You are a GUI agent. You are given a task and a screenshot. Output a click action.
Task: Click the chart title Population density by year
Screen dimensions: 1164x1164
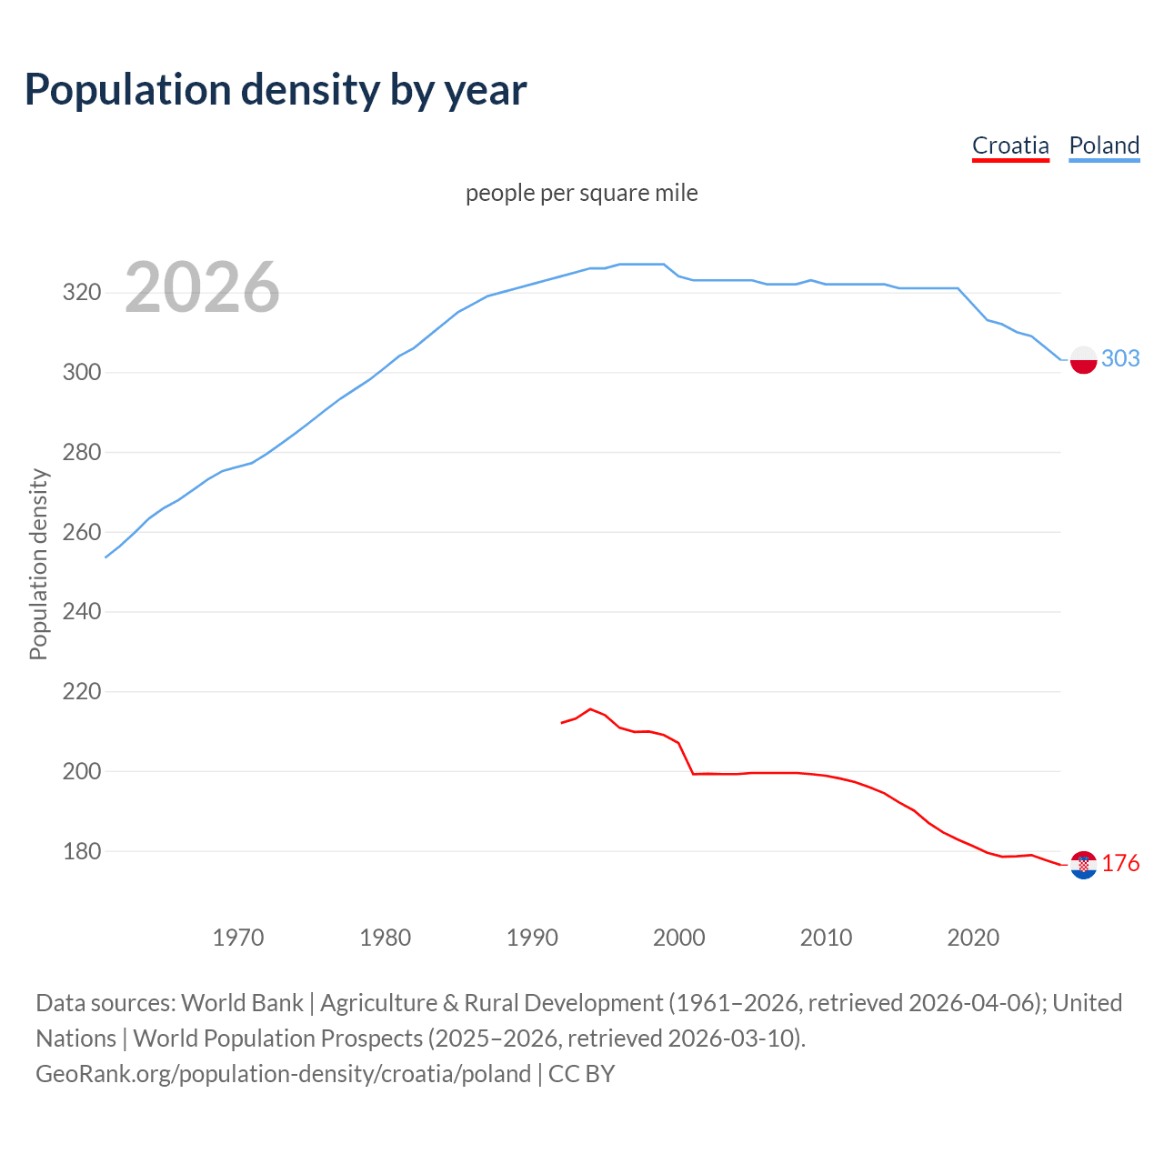coord(276,89)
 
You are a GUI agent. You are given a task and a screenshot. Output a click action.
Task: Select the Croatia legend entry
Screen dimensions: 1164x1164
coord(1010,145)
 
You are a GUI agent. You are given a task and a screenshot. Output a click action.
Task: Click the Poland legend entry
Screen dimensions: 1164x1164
coord(1104,145)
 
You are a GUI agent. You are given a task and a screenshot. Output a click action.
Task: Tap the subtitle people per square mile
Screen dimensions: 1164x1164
coord(582,193)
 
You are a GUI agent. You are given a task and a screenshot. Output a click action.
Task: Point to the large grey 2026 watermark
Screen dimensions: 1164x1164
coord(202,287)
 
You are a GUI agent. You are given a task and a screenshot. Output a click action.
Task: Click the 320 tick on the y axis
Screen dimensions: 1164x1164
coord(81,293)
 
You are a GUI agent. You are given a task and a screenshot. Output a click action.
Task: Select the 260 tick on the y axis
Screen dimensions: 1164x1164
coord(81,532)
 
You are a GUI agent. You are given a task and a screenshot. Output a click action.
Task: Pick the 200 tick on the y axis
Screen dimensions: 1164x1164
coord(81,771)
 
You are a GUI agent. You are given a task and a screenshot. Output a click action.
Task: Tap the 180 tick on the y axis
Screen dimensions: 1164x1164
coord(81,851)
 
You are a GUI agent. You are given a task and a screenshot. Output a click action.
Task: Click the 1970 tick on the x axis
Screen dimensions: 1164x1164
coord(238,937)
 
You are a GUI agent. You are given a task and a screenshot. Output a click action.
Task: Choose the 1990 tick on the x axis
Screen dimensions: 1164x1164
coord(532,937)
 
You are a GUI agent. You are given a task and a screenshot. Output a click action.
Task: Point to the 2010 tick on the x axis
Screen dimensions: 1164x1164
coord(826,937)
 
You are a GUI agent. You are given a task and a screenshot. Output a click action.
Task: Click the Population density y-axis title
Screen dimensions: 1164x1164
coord(38,564)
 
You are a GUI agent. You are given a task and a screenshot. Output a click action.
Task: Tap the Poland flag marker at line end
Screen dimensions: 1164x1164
coord(1083,359)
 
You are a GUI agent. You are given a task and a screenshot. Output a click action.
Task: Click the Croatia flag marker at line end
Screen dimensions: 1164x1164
coord(1083,865)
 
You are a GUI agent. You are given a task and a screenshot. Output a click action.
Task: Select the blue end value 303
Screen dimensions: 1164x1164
coord(1120,358)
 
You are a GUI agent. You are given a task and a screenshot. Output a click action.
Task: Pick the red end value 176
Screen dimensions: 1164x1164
coord(1120,863)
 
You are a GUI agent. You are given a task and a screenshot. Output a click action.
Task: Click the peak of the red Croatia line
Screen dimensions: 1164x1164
coord(590,708)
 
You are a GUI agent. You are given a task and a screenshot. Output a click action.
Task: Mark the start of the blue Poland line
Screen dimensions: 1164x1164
coord(106,557)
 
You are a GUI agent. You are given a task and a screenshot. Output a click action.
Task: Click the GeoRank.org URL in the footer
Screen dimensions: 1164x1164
coord(283,1073)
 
